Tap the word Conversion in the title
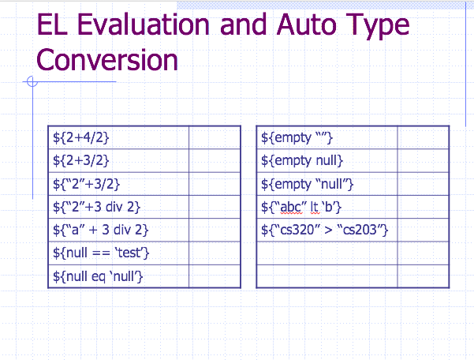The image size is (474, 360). coord(107,59)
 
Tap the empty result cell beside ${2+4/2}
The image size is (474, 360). coord(215,138)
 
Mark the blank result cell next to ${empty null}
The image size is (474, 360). coord(423,161)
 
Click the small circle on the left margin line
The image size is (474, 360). coord(32,81)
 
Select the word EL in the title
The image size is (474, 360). coord(52,25)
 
